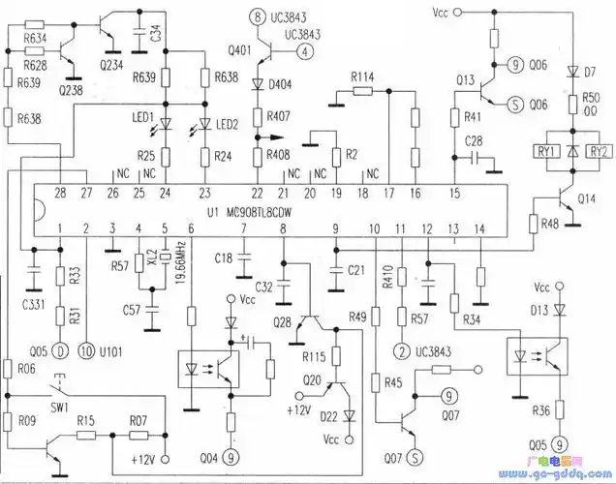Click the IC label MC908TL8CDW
pyautogui.click(x=266, y=210)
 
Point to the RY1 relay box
pyautogui.click(x=549, y=152)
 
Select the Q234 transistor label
pyautogui.click(x=115, y=63)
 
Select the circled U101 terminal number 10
pyautogui.click(x=87, y=348)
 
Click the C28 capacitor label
pyautogui.click(x=474, y=141)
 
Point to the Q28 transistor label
pyautogui.click(x=282, y=319)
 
